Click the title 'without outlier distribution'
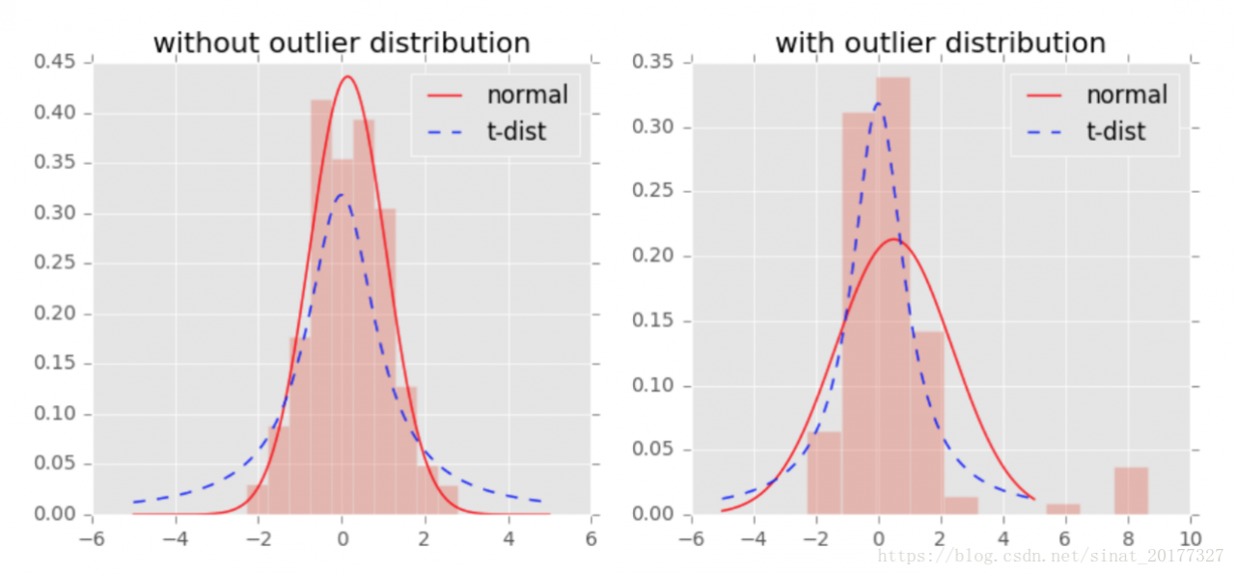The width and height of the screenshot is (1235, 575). (342, 43)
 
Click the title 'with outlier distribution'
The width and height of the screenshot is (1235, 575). (941, 43)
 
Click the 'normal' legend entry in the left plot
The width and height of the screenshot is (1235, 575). (527, 95)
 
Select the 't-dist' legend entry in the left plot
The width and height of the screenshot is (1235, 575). (516, 131)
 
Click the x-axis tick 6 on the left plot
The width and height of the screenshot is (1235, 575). (590, 537)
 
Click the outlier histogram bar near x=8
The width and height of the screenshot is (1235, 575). (1132, 491)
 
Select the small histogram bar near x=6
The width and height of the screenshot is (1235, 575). (1063, 508)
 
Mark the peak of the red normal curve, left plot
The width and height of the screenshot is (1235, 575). (347, 77)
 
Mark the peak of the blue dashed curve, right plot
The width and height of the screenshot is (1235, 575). (878, 103)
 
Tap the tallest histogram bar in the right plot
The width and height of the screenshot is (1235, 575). (892, 289)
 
